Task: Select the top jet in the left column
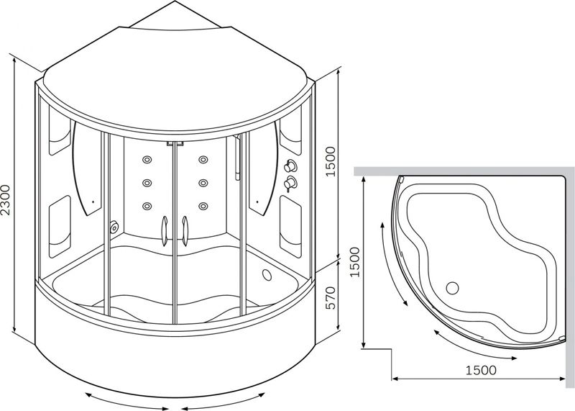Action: tap(147, 160)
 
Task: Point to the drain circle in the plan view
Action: tap(453, 289)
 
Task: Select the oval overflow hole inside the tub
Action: tap(267, 275)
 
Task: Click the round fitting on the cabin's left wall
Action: tap(114, 227)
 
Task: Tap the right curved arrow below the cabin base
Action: tap(223, 402)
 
